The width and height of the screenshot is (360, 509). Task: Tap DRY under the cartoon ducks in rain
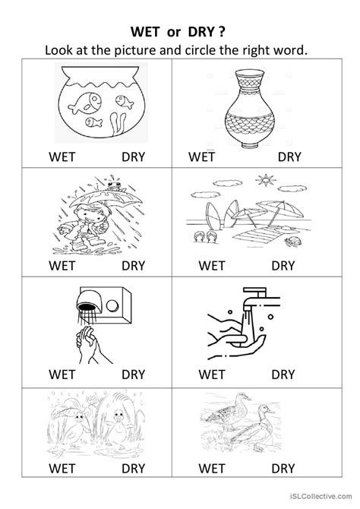(x=134, y=482)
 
